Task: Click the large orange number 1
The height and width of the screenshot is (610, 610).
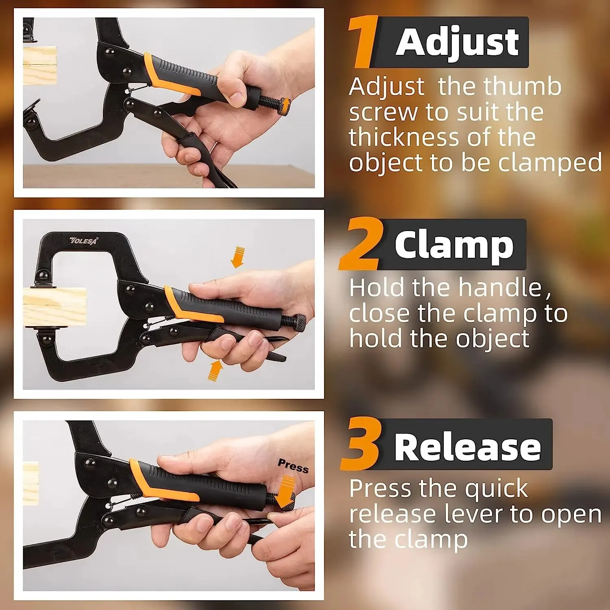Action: pos(363,43)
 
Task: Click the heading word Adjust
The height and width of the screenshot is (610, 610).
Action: pos(457,43)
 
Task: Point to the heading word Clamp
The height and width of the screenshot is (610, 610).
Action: pos(454,245)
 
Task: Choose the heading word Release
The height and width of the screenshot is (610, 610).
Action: pos(467,447)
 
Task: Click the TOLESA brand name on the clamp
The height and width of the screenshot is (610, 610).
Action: pos(84,241)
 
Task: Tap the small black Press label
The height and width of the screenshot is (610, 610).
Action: pos(293,466)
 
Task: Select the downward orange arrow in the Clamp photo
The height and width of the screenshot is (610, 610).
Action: pos(237,257)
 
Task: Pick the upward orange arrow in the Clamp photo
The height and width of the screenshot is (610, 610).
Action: pos(215,370)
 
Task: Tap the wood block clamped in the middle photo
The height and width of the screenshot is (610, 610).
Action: pos(54,307)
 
